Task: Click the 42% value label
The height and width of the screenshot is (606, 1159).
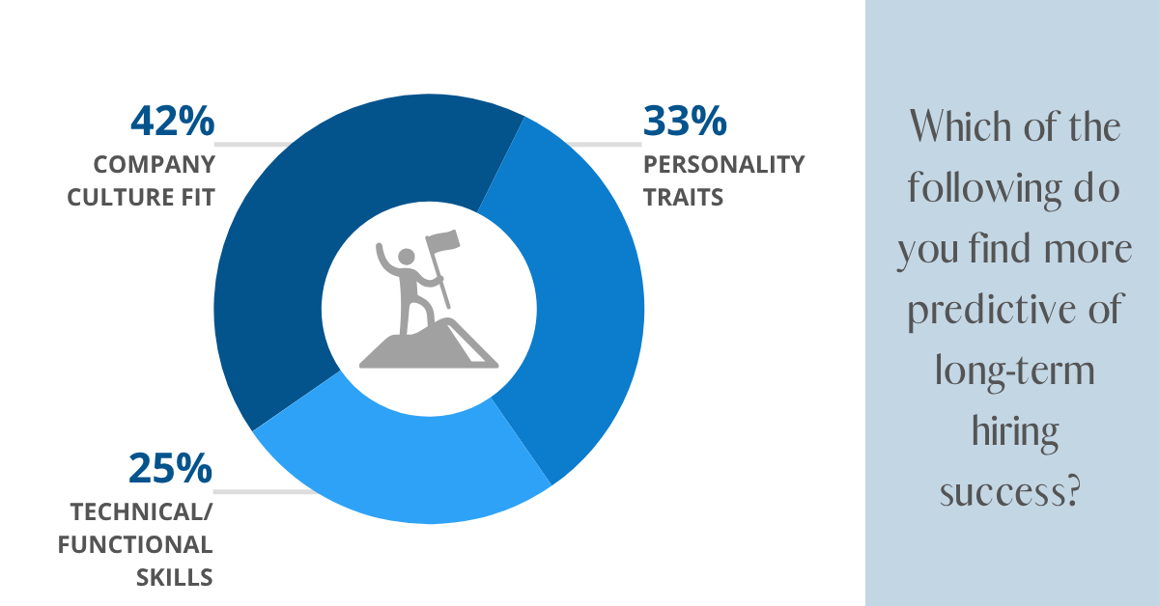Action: point(171,122)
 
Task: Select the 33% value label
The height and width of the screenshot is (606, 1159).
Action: point(684,122)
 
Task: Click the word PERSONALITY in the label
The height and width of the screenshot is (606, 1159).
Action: point(722,164)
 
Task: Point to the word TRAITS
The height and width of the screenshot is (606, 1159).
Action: point(683,198)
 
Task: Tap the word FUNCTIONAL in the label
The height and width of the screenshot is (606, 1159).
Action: point(134,544)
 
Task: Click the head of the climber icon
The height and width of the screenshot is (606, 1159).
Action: point(407,257)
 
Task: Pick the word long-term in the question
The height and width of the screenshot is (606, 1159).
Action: point(1014,372)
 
